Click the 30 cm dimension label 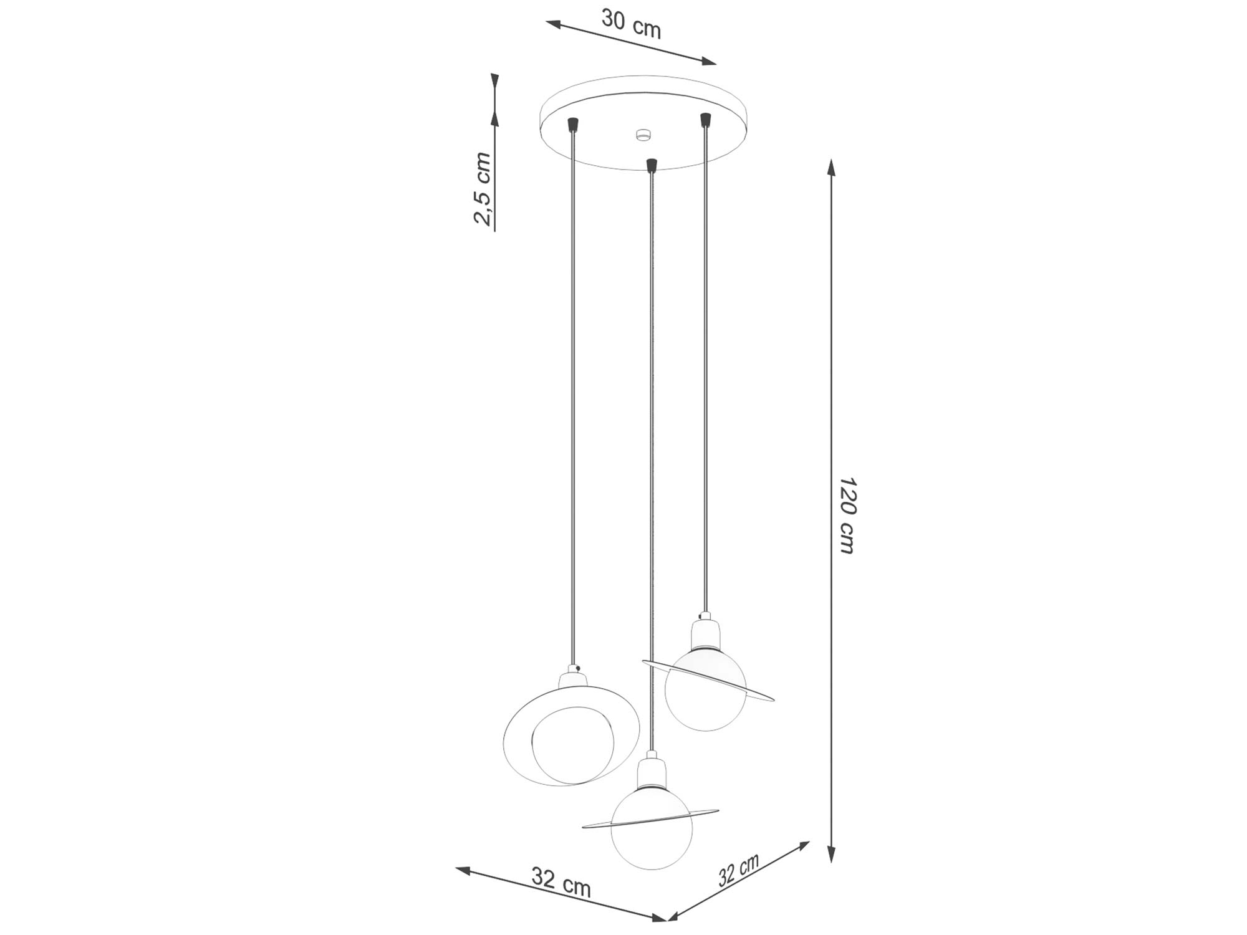630,24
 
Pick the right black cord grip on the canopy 706,119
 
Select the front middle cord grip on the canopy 652,165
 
